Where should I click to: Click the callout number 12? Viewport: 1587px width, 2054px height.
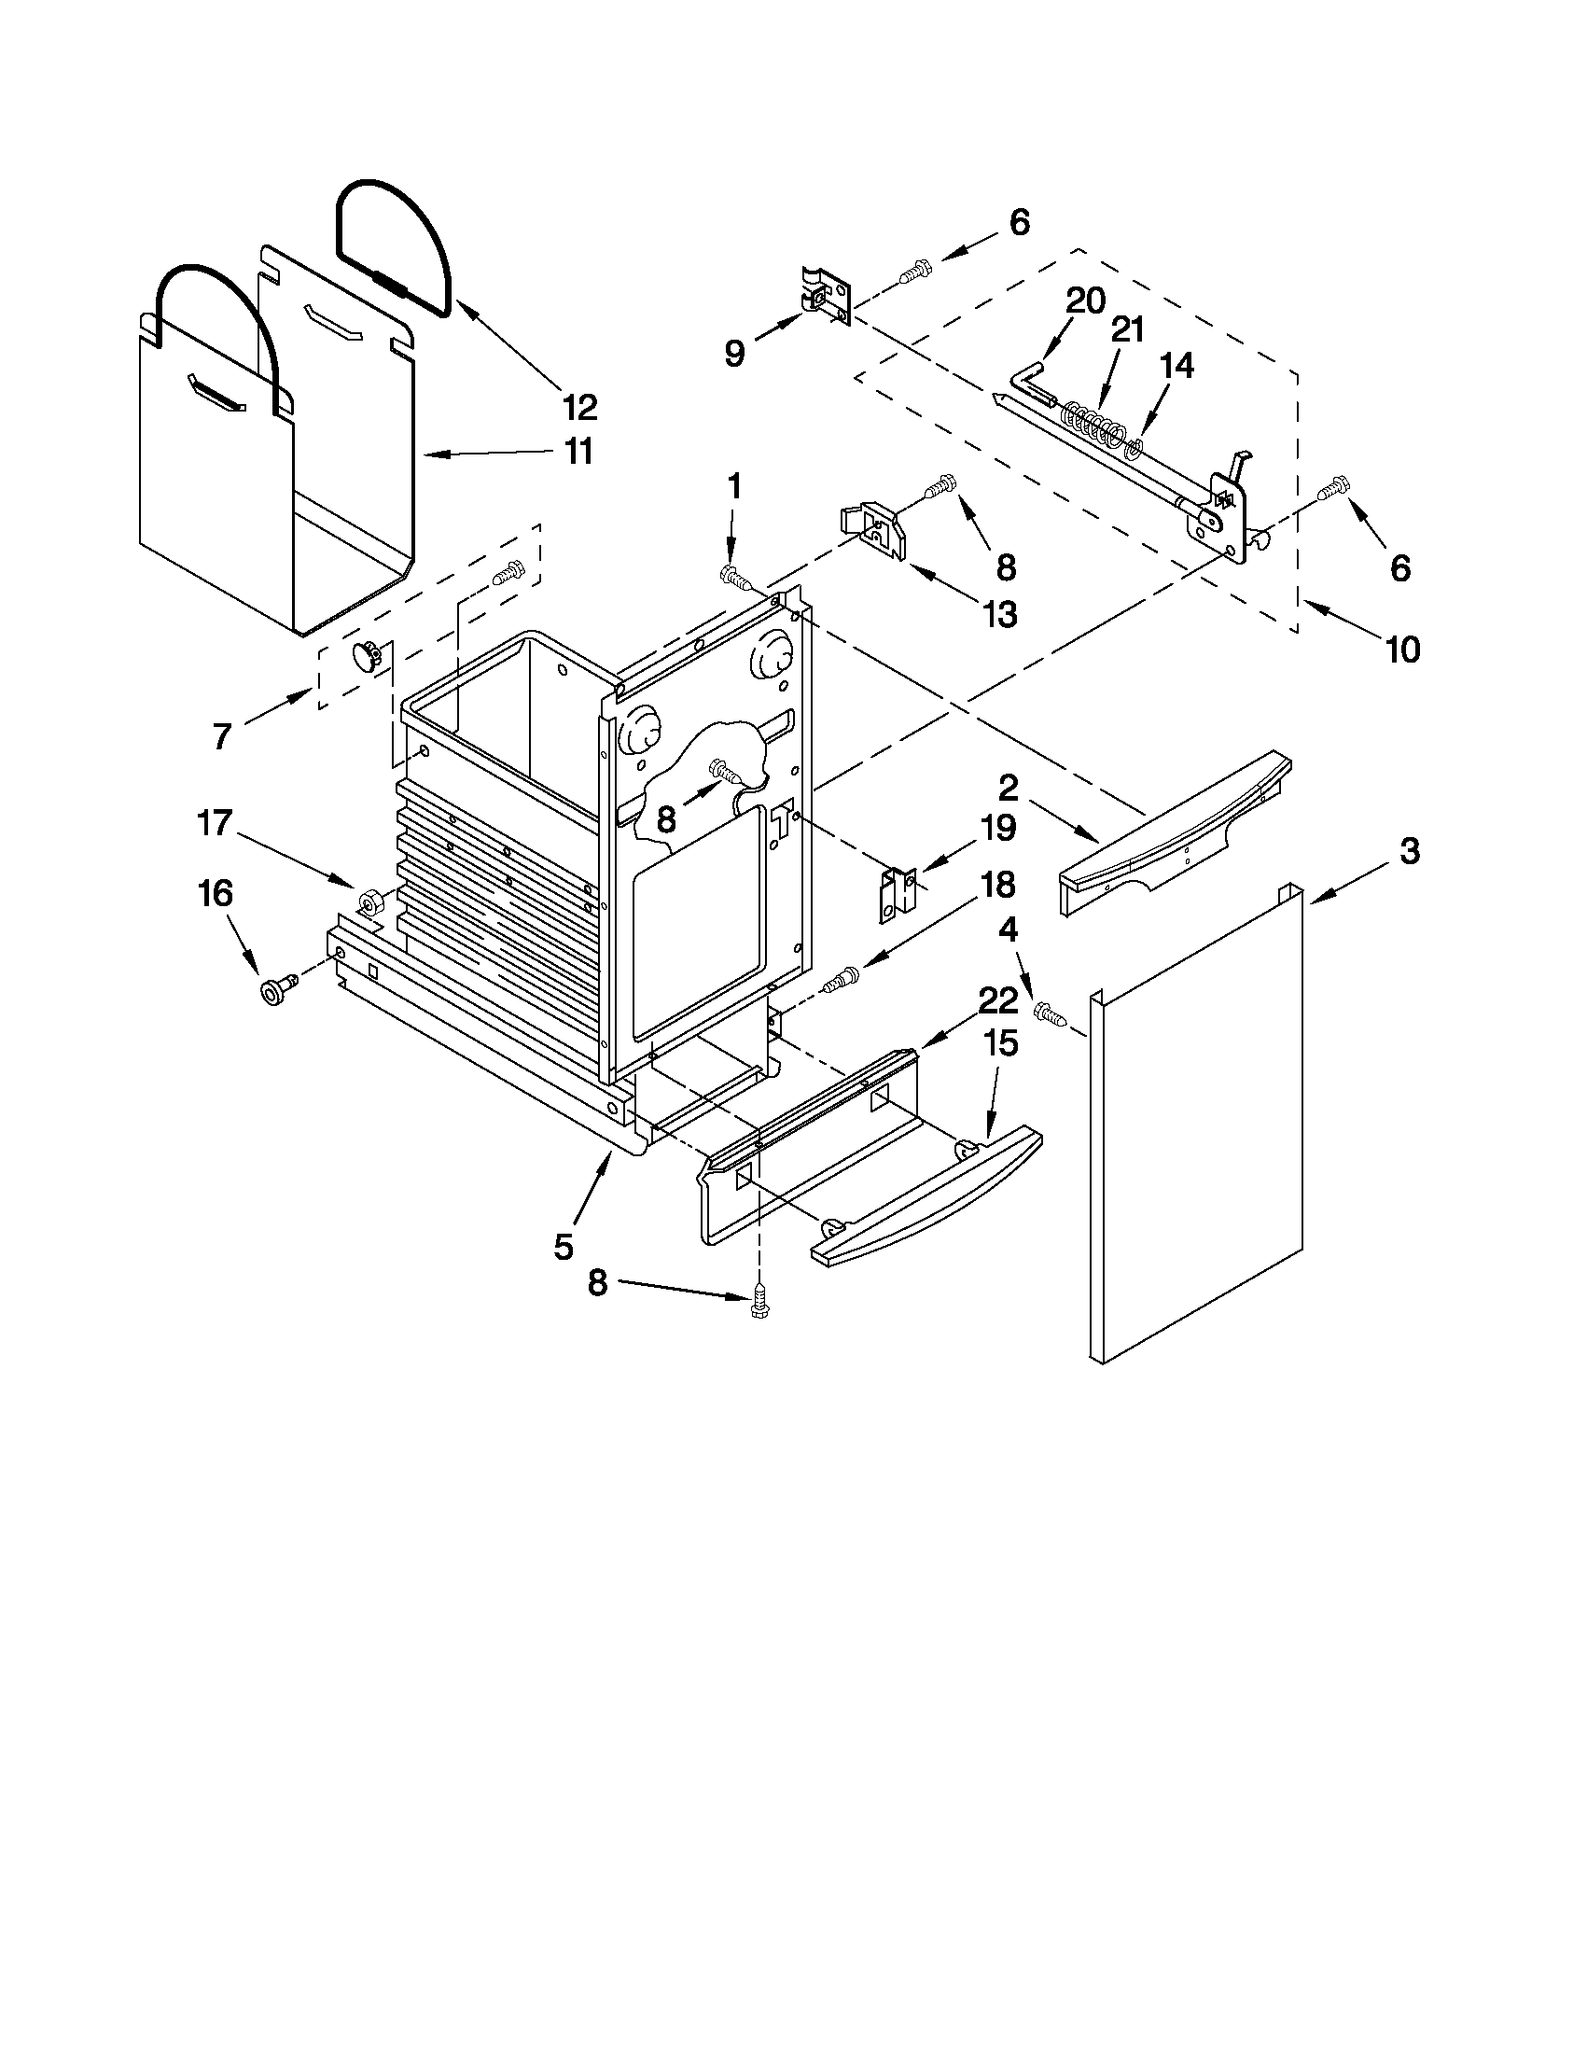[x=580, y=407]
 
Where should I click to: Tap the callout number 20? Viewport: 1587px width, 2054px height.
[x=1085, y=301]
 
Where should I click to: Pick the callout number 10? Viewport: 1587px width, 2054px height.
[x=1401, y=649]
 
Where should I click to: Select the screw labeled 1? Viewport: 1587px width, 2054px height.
[x=735, y=575]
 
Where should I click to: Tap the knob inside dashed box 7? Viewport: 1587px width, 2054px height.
[x=366, y=654]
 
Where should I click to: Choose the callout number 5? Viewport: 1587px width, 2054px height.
[x=563, y=1247]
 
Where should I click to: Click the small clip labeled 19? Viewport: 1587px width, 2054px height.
[x=898, y=892]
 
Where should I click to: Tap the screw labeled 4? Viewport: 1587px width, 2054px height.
[x=1051, y=1013]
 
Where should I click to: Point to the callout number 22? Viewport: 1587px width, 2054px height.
[x=997, y=1000]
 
